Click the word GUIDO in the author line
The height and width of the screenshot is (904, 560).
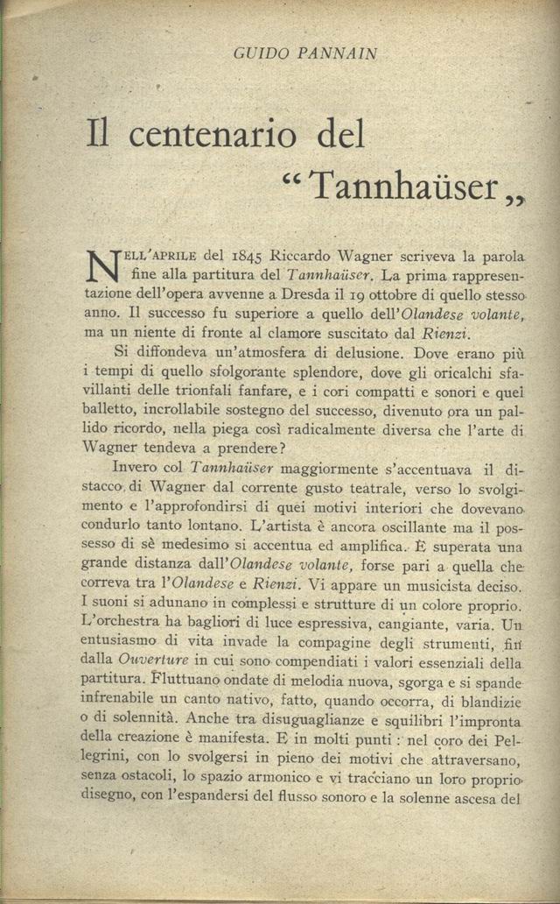[x=257, y=54]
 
